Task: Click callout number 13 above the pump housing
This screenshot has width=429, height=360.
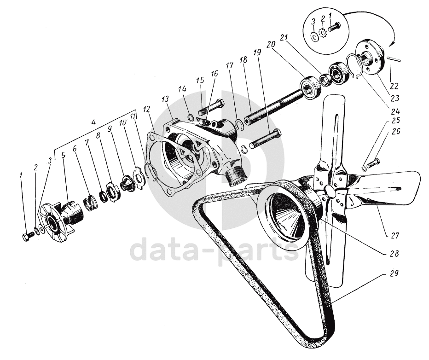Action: tap(165, 99)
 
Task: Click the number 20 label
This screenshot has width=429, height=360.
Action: tap(271, 44)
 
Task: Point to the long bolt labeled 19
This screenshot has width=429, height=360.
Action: tap(265, 139)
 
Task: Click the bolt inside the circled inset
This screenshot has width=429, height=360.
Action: tap(335, 27)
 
